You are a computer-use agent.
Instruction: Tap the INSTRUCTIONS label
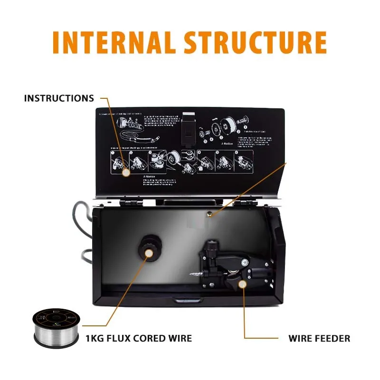pos(59,98)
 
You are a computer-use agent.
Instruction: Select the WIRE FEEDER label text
pos(319,339)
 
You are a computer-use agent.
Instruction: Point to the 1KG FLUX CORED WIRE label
pos(139,339)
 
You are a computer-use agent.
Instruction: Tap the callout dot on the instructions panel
pos(126,173)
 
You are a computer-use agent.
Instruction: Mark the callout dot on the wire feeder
pos(243,284)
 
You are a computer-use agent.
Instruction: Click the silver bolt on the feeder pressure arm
pos(244,263)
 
